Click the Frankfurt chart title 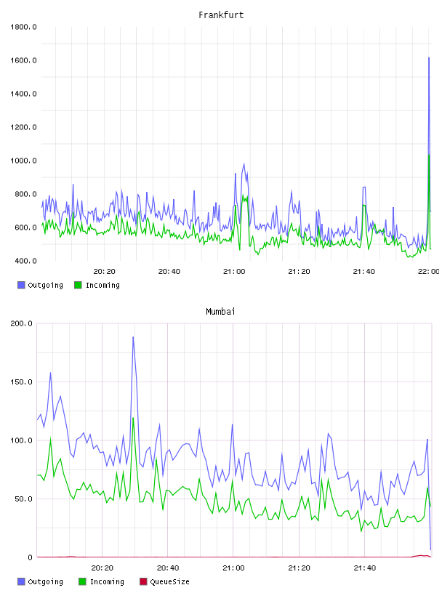pos(221,15)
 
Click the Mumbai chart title pos(220,312)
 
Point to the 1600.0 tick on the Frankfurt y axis pos(23,60)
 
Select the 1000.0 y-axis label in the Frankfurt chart pos(23,161)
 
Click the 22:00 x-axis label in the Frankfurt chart pos(428,272)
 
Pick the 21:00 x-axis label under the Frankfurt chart pos(234,272)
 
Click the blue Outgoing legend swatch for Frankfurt pos(21,285)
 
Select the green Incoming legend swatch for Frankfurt pos(78,285)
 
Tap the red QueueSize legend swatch pos(143,581)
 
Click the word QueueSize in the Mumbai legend pos(170,581)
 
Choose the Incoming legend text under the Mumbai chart pos(107,582)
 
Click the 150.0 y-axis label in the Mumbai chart pos(22,382)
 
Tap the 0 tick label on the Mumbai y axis pos(31,557)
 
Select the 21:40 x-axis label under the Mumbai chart pos(365,568)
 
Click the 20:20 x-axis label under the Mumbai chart pos(103,568)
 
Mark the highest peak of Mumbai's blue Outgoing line pos(133,337)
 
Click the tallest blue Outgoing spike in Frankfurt pos(429,57)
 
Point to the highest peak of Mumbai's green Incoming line pos(133,418)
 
